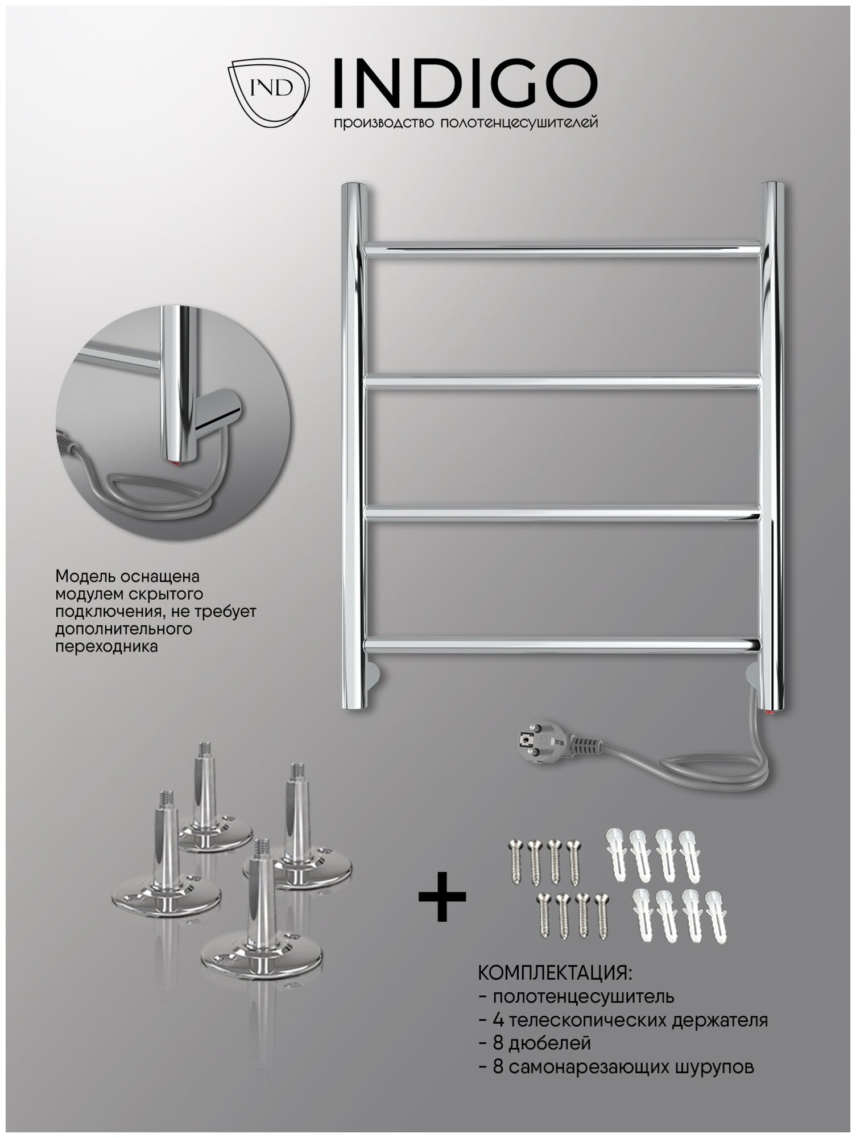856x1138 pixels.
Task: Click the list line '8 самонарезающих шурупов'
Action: coord(617,1066)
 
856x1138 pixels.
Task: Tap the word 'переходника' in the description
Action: coord(106,647)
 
